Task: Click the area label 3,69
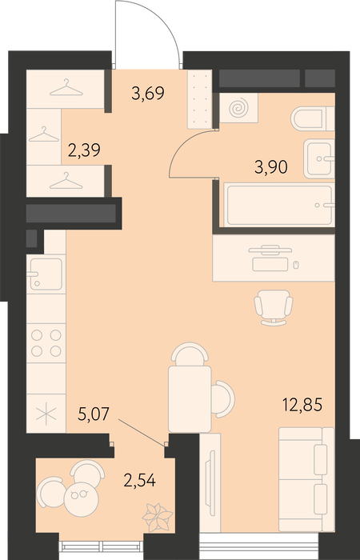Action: click(x=148, y=94)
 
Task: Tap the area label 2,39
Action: click(x=84, y=150)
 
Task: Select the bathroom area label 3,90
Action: click(x=271, y=166)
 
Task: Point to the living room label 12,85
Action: click(x=302, y=405)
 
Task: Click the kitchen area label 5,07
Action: click(x=94, y=415)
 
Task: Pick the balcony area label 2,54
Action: click(x=140, y=480)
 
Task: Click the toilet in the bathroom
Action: click(x=313, y=118)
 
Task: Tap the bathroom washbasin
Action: click(x=319, y=158)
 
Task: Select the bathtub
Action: click(x=279, y=204)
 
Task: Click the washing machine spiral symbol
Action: click(x=238, y=108)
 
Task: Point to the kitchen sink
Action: click(x=46, y=274)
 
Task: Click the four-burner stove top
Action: click(x=46, y=343)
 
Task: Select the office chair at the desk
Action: click(x=274, y=307)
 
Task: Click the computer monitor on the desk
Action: click(x=270, y=250)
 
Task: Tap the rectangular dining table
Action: click(x=190, y=399)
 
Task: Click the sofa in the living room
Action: click(x=306, y=479)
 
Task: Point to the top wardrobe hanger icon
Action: click(x=66, y=88)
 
